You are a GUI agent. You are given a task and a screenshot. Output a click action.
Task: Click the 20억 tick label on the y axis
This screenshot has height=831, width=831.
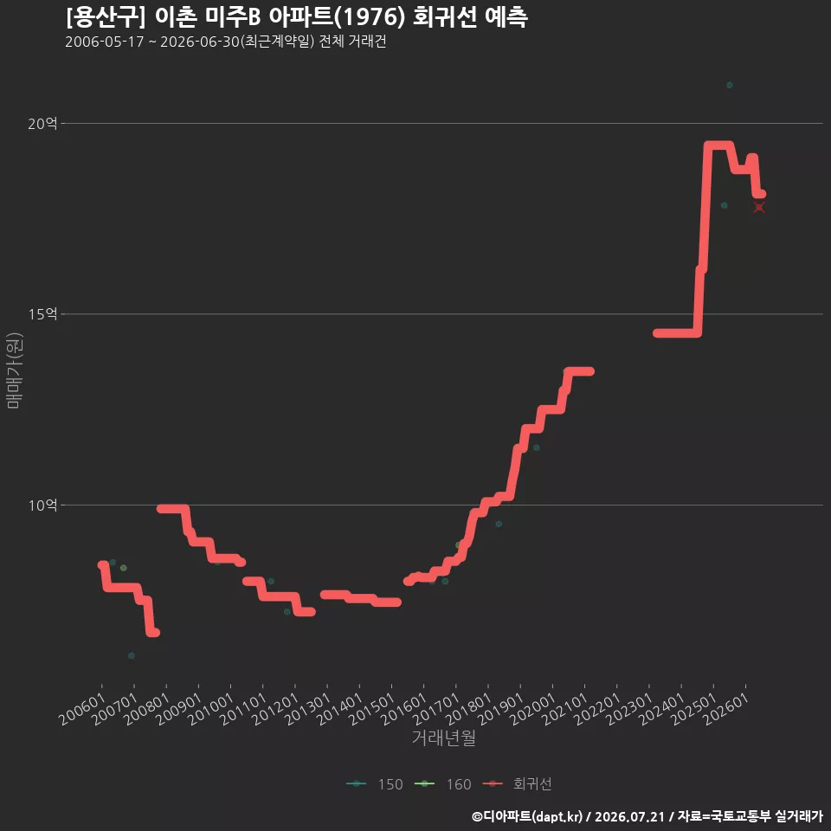(x=42, y=124)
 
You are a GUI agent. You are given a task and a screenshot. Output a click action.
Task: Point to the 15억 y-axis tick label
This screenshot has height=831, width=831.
(x=42, y=314)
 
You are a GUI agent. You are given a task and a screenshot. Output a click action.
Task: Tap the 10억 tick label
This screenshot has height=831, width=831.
(x=42, y=505)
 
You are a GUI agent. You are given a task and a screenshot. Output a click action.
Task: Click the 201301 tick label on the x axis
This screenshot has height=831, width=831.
(x=308, y=709)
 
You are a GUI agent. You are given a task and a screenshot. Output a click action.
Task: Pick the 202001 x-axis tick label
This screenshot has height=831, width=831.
(x=533, y=709)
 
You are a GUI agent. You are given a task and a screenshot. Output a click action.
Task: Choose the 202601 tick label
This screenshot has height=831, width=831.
(x=726, y=709)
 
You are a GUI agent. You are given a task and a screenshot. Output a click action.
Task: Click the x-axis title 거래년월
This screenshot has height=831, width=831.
(x=443, y=738)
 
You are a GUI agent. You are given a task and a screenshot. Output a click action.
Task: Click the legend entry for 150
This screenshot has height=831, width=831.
(x=375, y=784)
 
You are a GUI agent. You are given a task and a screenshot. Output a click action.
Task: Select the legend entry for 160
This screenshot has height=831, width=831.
(x=443, y=784)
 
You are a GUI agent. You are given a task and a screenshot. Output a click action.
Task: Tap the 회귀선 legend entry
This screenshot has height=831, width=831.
(x=518, y=784)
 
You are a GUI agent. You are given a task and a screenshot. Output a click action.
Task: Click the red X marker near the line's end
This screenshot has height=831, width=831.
(x=759, y=207)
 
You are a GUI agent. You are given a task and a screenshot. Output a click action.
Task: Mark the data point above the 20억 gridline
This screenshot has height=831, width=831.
(x=730, y=86)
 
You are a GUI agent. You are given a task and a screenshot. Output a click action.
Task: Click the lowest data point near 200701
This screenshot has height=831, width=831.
(x=132, y=655)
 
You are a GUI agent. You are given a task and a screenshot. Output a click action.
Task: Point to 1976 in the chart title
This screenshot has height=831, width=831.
(x=370, y=17)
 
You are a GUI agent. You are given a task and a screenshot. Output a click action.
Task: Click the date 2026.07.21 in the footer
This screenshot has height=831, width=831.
(x=629, y=816)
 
